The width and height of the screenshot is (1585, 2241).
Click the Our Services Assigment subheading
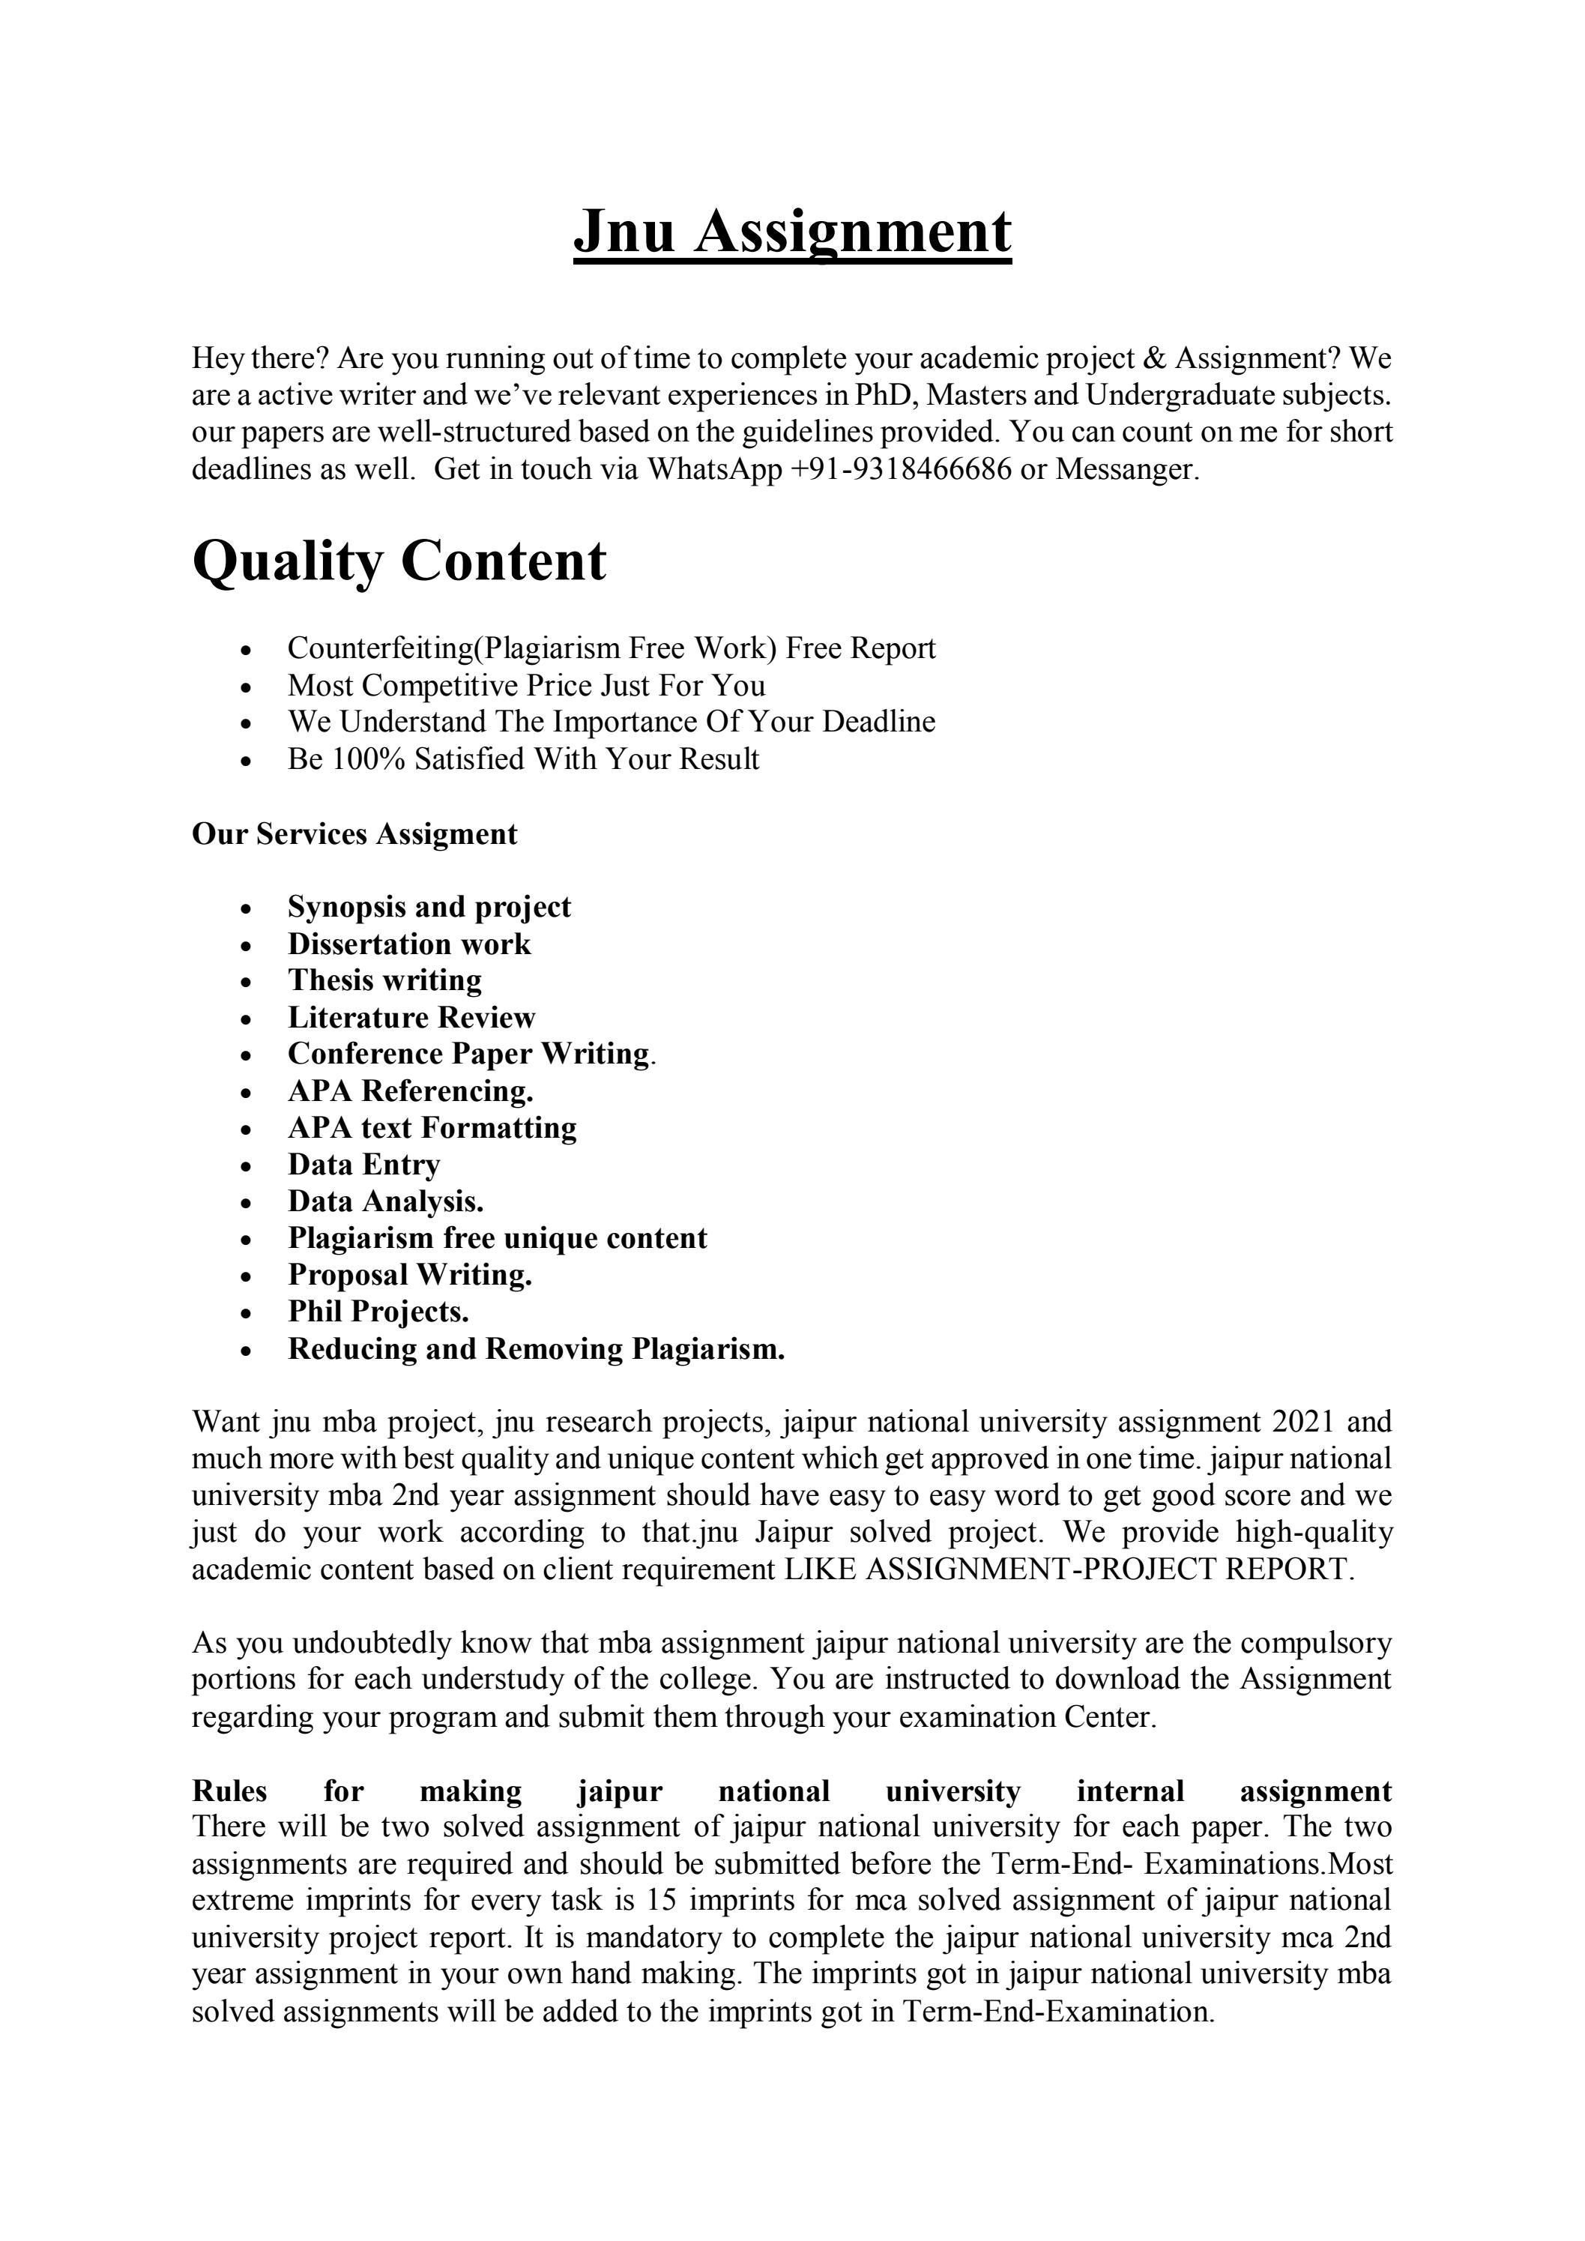click(x=354, y=834)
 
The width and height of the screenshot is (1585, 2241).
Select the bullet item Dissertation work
click(x=409, y=944)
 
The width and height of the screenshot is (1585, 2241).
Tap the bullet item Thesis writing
click(x=384, y=980)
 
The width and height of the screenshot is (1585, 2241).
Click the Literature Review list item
click(x=411, y=1017)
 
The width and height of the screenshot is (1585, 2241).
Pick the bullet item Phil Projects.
click(x=378, y=1312)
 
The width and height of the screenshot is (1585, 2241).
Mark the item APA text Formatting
click(x=432, y=1127)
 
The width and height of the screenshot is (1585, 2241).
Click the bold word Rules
click(x=229, y=1791)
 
